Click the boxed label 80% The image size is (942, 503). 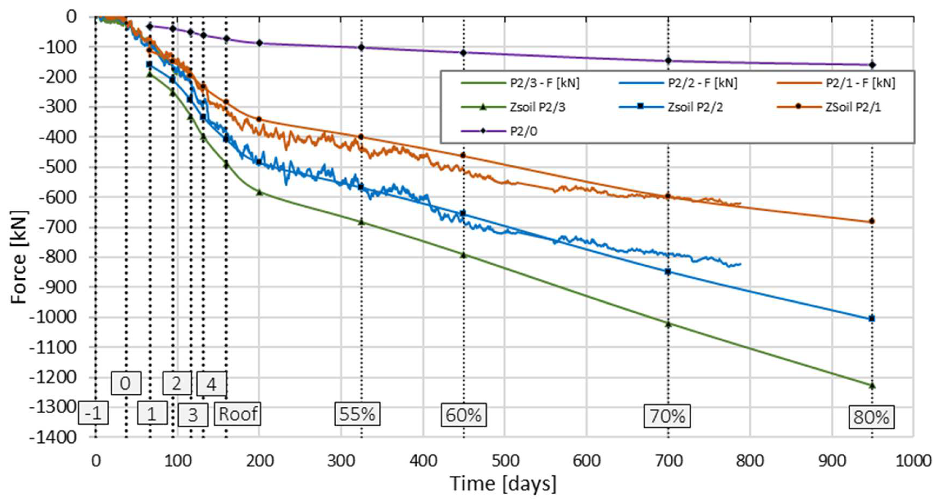[871, 417]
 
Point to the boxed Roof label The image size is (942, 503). [238, 414]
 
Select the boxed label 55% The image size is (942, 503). [357, 414]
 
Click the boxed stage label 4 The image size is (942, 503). [212, 384]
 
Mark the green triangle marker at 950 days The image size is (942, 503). [872, 385]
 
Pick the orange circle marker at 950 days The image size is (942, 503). [872, 221]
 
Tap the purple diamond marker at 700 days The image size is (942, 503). [668, 61]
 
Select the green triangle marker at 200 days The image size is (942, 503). [259, 192]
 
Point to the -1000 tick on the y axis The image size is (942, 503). [53, 317]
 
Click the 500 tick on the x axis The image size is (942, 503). [505, 460]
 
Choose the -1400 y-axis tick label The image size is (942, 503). [53, 437]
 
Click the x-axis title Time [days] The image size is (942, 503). [503, 484]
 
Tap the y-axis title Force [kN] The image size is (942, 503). [18, 257]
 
